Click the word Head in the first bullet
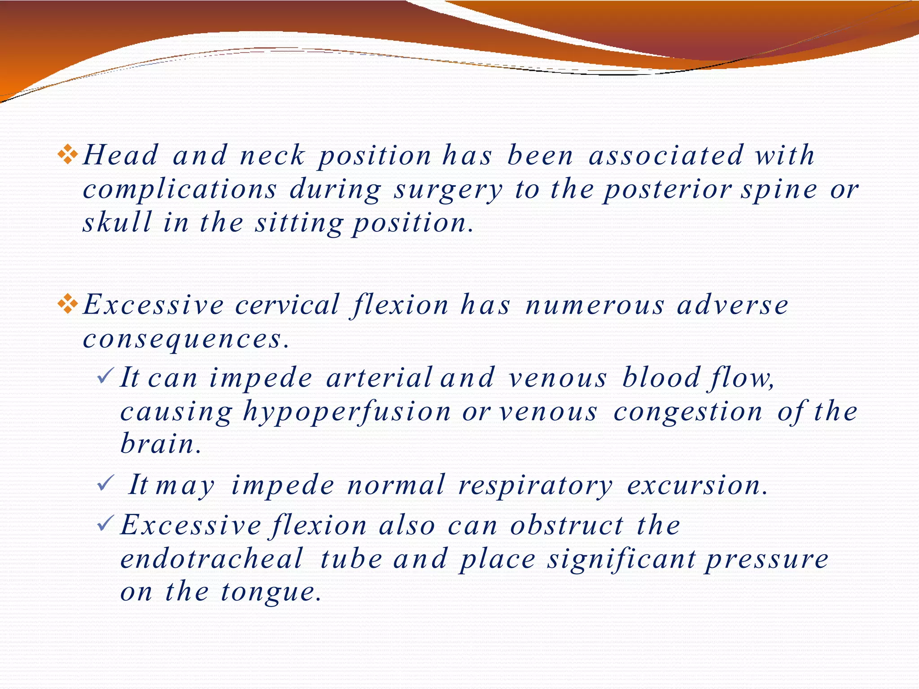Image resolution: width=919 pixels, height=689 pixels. coord(120,155)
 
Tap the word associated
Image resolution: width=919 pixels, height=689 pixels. coord(666,155)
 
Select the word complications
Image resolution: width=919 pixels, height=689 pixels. coord(180,190)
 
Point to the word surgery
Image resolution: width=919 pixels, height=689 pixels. coord(448,190)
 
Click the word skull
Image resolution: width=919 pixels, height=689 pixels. coord(117,222)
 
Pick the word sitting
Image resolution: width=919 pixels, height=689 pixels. coord(299,223)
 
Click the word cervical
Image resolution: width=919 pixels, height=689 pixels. coord(287,305)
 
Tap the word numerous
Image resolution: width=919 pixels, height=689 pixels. coord(595,305)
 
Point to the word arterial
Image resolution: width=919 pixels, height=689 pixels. coord(379,378)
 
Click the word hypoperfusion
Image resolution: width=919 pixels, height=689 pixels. coord(347,412)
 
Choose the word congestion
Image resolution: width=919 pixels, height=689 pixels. coord(688,412)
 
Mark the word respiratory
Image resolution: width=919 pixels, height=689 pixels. coord(535,485)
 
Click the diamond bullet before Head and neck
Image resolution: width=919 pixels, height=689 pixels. coord(68,155)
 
